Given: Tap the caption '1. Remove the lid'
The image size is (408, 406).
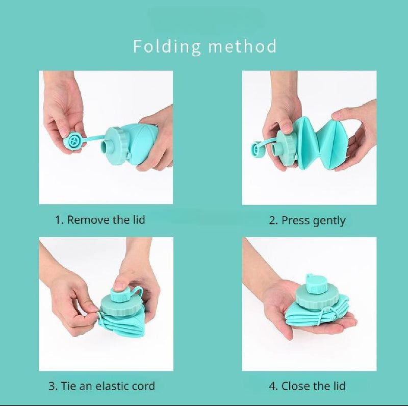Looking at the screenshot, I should [x=100, y=220].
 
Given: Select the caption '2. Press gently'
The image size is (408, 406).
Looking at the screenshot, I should [x=308, y=220].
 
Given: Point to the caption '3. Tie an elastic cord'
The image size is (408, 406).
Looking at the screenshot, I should [x=101, y=386].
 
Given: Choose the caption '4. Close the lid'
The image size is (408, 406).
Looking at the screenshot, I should [x=308, y=386].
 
